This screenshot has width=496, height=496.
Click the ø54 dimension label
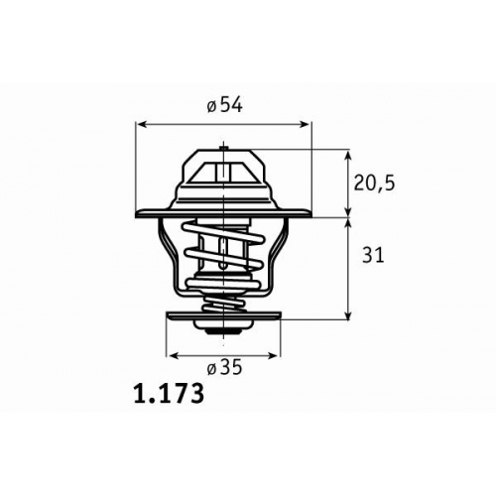click(x=225, y=105)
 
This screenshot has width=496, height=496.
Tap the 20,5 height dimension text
click(x=374, y=184)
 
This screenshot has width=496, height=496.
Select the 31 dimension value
click(x=373, y=255)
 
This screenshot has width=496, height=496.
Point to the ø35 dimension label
click(x=225, y=367)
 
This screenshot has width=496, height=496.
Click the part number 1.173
click(x=169, y=394)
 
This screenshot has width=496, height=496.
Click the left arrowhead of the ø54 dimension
click(x=142, y=124)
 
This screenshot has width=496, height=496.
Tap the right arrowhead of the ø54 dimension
click(x=306, y=124)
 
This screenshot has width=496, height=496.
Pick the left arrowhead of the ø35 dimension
click(x=174, y=356)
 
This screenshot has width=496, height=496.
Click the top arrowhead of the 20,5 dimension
click(x=348, y=156)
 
